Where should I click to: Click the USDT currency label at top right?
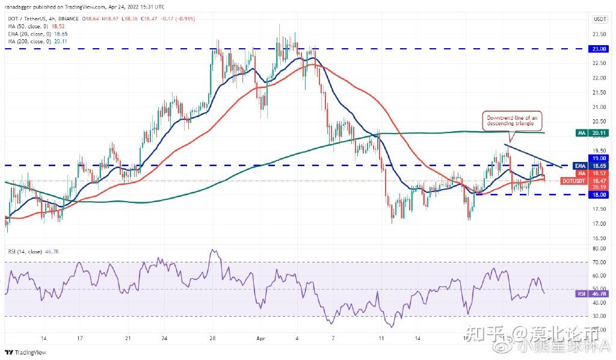click(599, 19)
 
